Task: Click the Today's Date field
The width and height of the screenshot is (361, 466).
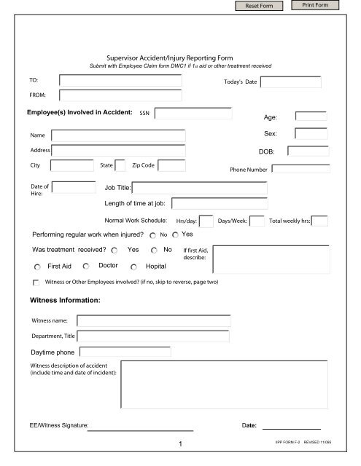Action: [x=290, y=82]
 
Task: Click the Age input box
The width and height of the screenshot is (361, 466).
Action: [x=311, y=116]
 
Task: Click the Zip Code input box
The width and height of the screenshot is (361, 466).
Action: [x=171, y=165]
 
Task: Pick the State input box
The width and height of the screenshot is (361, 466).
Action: [x=120, y=165]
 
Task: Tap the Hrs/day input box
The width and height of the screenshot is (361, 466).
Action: [x=206, y=221]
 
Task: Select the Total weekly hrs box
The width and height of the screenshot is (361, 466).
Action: [x=319, y=221]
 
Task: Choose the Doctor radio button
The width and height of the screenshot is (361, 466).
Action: [x=87, y=266]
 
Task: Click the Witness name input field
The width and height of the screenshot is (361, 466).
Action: [x=153, y=320]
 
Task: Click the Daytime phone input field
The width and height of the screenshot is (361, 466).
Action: [x=123, y=352]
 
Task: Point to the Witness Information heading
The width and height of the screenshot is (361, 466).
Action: [x=64, y=300]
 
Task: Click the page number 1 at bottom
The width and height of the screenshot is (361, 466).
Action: [x=179, y=443]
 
